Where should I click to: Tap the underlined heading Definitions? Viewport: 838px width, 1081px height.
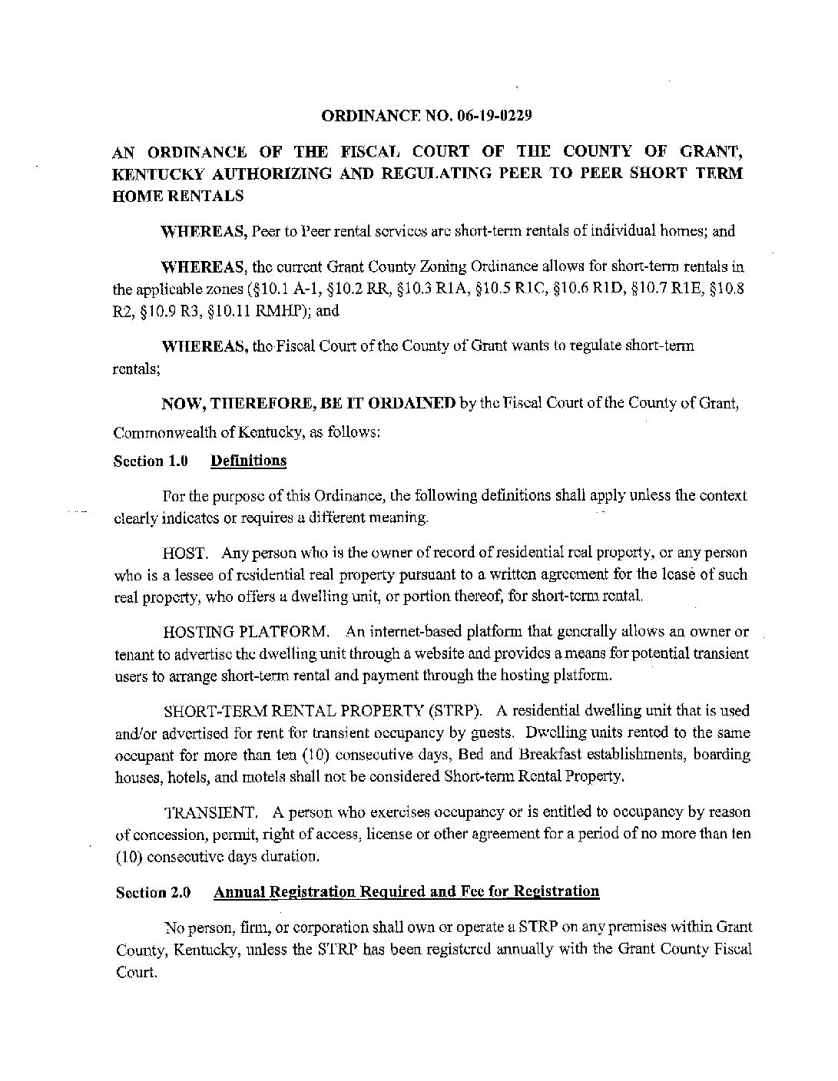[248, 461]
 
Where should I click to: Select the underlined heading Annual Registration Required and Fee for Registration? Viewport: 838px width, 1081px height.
[406, 891]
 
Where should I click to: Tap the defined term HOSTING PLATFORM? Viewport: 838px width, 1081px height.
[247, 633]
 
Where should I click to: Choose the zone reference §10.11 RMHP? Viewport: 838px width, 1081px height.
[267, 311]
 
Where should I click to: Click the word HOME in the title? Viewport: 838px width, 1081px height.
[137, 196]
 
